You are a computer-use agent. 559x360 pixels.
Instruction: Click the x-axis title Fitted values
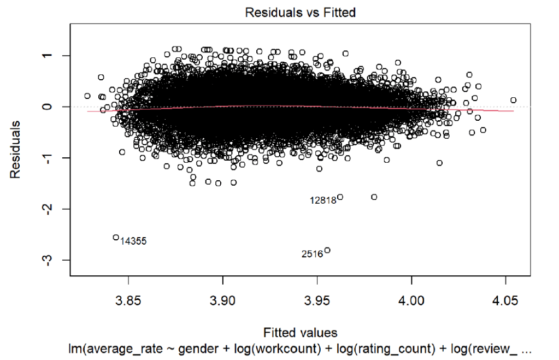(300, 333)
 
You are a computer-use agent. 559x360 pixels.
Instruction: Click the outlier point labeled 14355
(116, 237)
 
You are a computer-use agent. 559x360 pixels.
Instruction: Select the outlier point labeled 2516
(327, 250)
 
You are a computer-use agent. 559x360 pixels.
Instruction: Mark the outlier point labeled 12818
(340, 197)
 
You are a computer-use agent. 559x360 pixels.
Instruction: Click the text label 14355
(133, 241)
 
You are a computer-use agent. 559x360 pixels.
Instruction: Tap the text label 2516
(313, 255)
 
